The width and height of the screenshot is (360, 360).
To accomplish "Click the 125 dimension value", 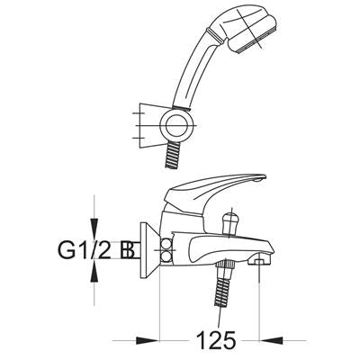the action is (216, 340).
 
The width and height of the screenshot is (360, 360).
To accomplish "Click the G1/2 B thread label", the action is (95, 250).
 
